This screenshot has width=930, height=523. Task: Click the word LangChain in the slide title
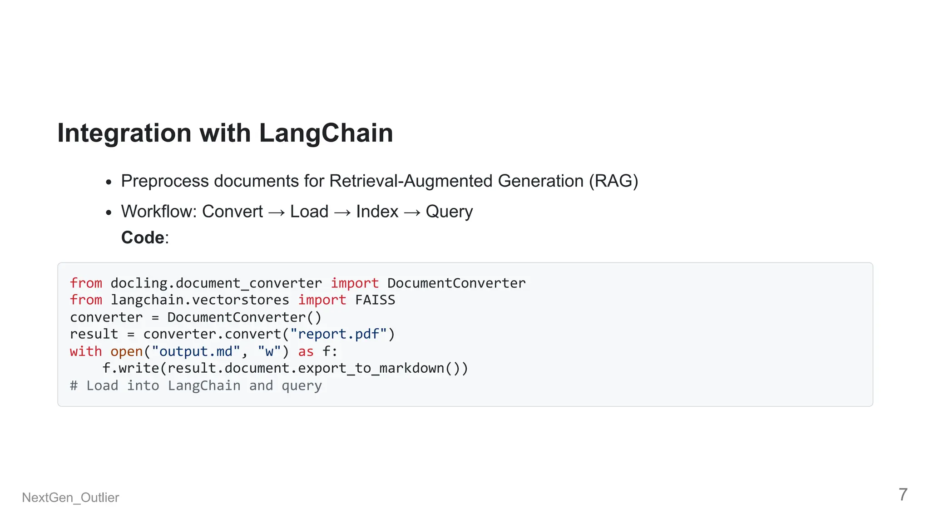point(326,133)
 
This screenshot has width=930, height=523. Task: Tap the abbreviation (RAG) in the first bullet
point(613,181)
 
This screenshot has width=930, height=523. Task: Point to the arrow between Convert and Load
point(277,212)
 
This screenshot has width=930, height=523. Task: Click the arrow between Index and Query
point(412,212)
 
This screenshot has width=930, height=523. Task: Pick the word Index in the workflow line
point(377,212)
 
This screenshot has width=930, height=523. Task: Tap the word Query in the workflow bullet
point(449,212)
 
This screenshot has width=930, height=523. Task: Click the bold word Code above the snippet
point(143,237)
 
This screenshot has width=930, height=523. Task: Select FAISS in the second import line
point(375,300)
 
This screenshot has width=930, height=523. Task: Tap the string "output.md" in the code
point(195,351)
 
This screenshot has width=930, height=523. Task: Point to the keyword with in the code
point(86,351)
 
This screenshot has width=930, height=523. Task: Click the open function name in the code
point(127,351)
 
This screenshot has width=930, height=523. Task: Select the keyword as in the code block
point(306,351)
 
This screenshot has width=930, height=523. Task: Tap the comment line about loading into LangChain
point(196,385)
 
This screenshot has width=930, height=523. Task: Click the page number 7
point(903,494)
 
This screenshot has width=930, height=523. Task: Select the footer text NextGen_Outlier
point(70,498)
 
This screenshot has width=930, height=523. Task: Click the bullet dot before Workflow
point(109,212)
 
